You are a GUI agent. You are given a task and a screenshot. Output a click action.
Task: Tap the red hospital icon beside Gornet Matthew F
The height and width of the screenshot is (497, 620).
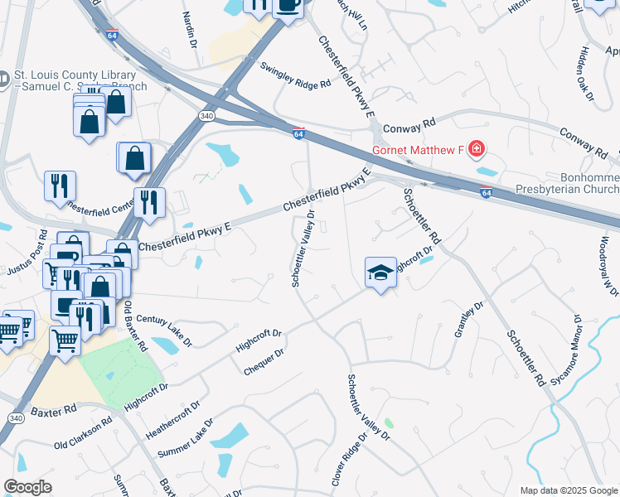[476, 150]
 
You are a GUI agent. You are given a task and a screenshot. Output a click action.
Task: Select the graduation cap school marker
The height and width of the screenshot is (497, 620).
[380, 273]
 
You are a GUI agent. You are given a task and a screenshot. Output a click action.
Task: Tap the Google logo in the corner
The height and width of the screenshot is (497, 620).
[28, 487]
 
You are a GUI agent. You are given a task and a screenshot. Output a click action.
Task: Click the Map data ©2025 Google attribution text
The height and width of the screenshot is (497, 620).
[569, 490]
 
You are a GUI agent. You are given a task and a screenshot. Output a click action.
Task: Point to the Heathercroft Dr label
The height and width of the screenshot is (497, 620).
[172, 420]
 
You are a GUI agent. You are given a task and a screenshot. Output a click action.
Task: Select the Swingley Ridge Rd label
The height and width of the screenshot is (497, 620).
[295, 75]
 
